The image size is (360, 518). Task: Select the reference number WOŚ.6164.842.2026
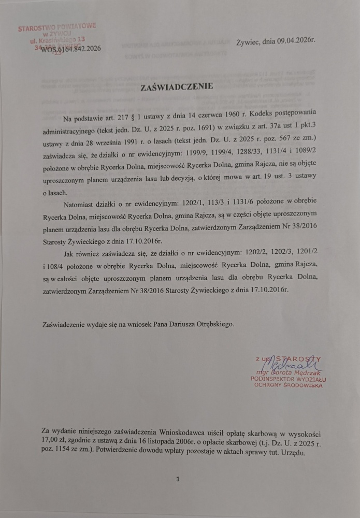point(67,48)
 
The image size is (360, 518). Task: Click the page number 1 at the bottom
point(177,480)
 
